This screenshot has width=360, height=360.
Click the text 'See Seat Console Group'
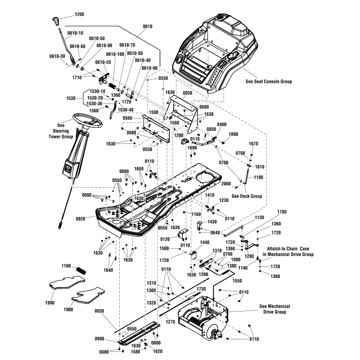point(269,81)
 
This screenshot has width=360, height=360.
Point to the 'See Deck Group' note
point(247,196)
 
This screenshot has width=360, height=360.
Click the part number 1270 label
point(170,322)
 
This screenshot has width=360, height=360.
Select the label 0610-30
point(57,56)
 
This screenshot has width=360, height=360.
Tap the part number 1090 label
point(233,134)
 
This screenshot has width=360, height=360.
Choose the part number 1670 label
point(254,144)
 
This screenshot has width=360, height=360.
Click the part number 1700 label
point(282,211)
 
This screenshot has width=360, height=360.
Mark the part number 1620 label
point(157,351)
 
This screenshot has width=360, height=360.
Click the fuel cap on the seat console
point(220,17)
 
